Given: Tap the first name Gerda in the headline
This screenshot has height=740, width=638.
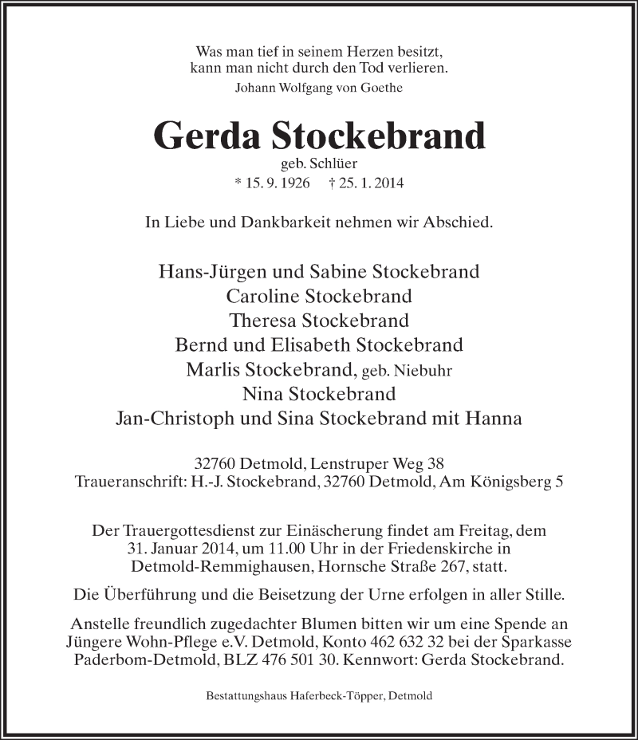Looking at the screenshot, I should (x=207, y=136).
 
